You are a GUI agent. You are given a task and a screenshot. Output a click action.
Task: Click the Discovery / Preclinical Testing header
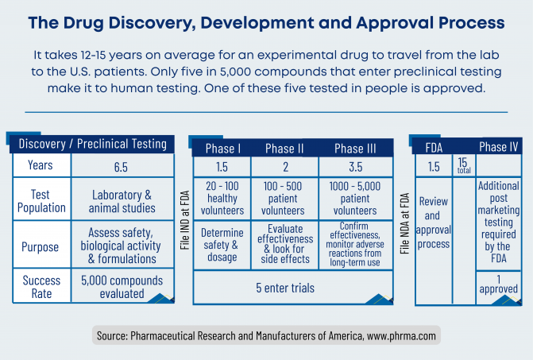tap(93, 144)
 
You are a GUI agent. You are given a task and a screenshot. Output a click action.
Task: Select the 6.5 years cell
tap(122, 166)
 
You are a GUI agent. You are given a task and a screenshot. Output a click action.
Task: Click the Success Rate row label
tap(41, 286)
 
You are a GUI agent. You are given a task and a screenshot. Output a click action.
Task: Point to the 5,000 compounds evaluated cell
tap(122, 286)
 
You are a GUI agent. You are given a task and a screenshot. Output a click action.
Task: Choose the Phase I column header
tap(221, 149)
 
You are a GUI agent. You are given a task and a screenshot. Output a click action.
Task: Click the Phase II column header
tap(284, 149)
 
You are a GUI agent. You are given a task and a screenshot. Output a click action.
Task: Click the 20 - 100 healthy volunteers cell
tap(222, 199)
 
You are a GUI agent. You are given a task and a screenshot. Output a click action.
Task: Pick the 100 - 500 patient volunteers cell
tap(284, 199)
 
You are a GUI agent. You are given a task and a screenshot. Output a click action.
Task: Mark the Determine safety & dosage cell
tap(222, 246)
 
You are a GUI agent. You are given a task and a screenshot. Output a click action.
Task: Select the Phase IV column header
tap(498, 146)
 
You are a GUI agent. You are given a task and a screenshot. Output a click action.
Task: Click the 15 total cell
tap(463, 165)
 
